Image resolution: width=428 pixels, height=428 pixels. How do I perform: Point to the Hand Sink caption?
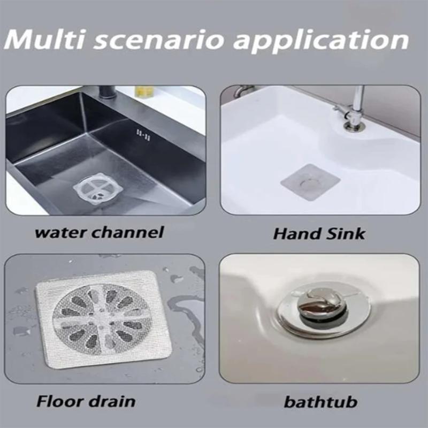click(319, 234)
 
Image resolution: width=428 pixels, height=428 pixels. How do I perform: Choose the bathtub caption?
click(321, 401)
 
